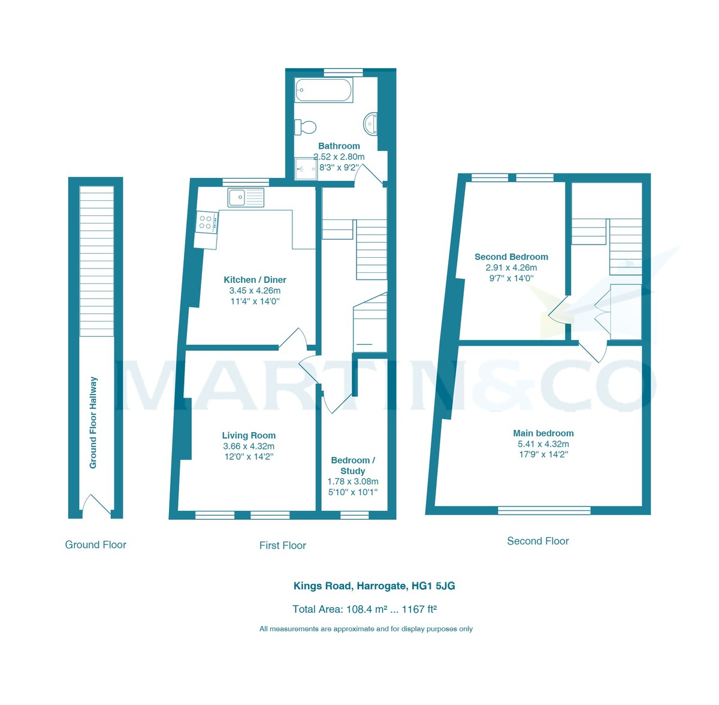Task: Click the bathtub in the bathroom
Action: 324,91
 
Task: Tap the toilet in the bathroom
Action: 306,126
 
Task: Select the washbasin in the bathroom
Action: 370,124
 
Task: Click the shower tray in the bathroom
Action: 306,168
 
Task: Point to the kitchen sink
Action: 246,197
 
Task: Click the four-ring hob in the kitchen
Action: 206,222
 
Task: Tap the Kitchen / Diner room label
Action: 255,280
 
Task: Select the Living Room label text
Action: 249,436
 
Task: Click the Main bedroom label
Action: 543,433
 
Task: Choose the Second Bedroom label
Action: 511,257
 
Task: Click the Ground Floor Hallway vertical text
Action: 93,423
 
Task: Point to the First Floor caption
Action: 282,546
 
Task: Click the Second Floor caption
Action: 537,541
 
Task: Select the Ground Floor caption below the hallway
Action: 96,545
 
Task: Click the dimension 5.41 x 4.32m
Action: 543,444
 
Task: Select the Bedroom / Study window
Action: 354,514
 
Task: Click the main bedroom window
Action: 544,511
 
